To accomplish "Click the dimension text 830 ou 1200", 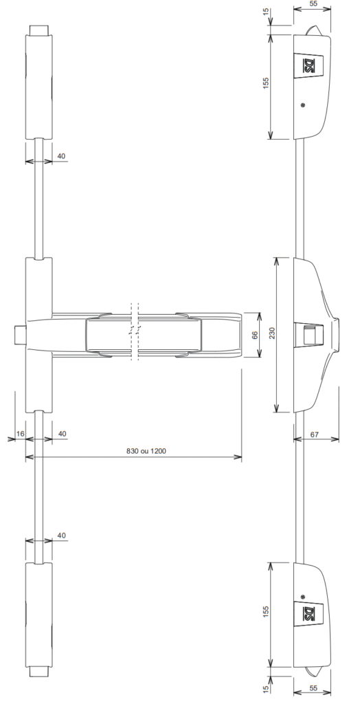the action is (146, 451).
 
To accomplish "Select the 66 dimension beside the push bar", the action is (255, 335).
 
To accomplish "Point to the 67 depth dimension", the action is (314, 434).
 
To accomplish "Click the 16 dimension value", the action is (20, 434).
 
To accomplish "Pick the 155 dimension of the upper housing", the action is (265, 83).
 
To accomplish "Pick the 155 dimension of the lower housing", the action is (265, 612).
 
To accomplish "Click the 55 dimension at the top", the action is (313, 3).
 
